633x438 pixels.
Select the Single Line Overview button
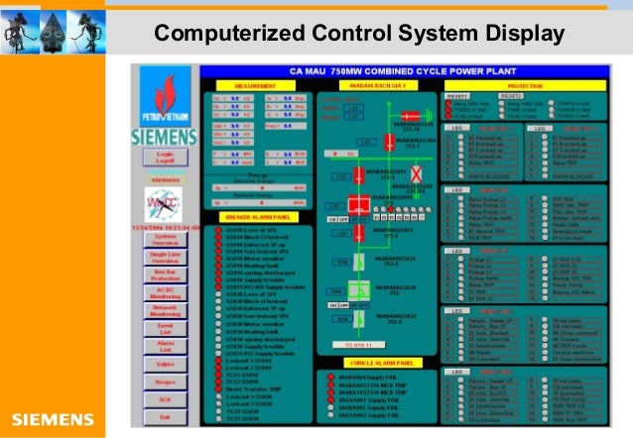165,260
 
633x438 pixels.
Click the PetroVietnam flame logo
165,96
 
